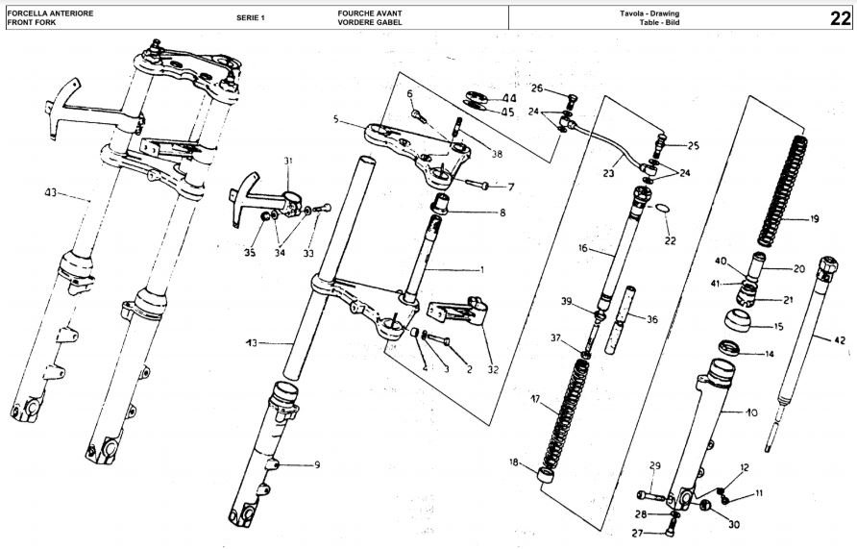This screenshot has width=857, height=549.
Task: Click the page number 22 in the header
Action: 840,18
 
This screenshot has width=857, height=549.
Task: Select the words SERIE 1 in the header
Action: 251,17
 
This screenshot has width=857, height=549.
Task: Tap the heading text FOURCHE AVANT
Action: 370,13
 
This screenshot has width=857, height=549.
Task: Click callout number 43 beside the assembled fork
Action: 50,192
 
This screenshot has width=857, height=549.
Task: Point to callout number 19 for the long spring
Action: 814,219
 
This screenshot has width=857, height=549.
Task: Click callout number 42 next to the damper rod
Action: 840,340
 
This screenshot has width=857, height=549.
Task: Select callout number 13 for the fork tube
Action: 252,343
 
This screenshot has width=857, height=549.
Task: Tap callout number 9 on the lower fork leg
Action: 317,465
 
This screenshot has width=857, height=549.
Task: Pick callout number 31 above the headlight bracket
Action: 288,161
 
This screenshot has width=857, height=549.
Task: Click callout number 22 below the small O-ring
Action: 670,240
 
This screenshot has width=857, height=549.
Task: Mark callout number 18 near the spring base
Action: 514,462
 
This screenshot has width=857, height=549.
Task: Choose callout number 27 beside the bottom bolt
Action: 637,534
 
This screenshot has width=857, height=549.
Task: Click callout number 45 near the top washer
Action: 507,112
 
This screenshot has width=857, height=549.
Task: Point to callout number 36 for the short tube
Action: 652,319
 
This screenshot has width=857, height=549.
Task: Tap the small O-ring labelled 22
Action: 661,209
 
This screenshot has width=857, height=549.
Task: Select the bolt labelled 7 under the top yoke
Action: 476,186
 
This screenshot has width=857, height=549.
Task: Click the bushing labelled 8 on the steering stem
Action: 441,204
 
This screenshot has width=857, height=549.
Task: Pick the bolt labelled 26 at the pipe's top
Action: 572,102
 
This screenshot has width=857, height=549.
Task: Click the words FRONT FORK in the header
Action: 31,22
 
